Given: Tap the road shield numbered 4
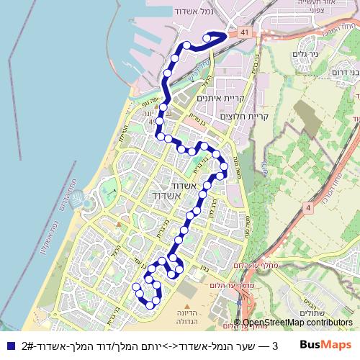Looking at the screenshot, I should (308, 207).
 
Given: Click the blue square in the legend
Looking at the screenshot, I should (9, 345).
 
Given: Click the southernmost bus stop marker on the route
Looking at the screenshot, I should (150, 305).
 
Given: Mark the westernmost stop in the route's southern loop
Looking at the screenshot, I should (135, 287).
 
